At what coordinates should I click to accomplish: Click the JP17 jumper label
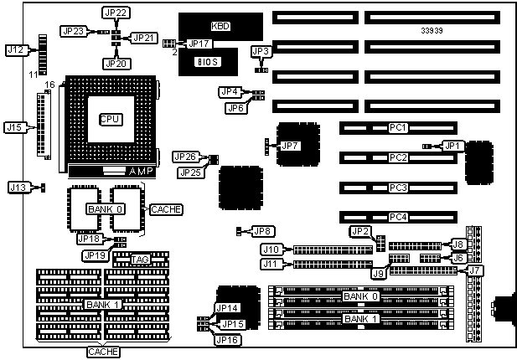pyautogui.click(x=199, y=44)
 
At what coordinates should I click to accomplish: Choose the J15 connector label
pyautogui.click(x=14, y=128)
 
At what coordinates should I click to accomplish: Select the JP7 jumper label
pyautogui.click(x=288, y=146)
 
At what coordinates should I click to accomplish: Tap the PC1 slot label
pyautogui.click(x=398, y=128)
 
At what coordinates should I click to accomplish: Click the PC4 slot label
pyautogui.click(x=398, y=218)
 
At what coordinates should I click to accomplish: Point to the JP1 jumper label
pyautogui.click(x=453, y=146)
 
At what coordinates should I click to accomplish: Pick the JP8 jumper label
pyautogui.click(x=262, y=230)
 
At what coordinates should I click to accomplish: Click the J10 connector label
pyautogui.click(x=271, y=249)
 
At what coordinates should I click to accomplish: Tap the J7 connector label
pyautogui.click(x=475, y=270)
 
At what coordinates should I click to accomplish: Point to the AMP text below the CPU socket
pyautogui.click(x=140, y=171)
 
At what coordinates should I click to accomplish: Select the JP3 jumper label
pyautogui.click(x=261, y=52)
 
